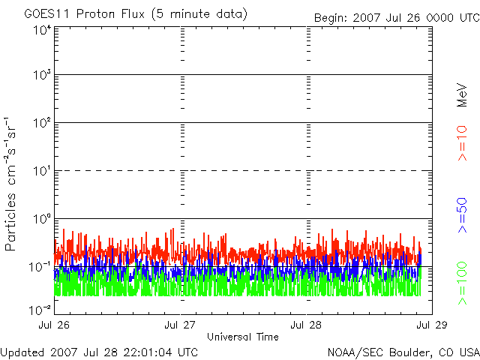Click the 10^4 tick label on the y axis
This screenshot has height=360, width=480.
click(x=41, y=30)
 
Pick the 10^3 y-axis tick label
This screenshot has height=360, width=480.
click(x=41, y=75)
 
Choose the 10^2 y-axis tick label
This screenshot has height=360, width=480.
click(x=41, y=123)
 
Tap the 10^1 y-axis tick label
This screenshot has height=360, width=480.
click(x=41, y=171)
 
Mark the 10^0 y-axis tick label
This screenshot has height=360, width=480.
click(x=41, y=219)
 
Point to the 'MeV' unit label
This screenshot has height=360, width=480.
click(x=463, y=94)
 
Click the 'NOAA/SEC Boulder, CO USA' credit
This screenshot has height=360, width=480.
click(x=403, y=352)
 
